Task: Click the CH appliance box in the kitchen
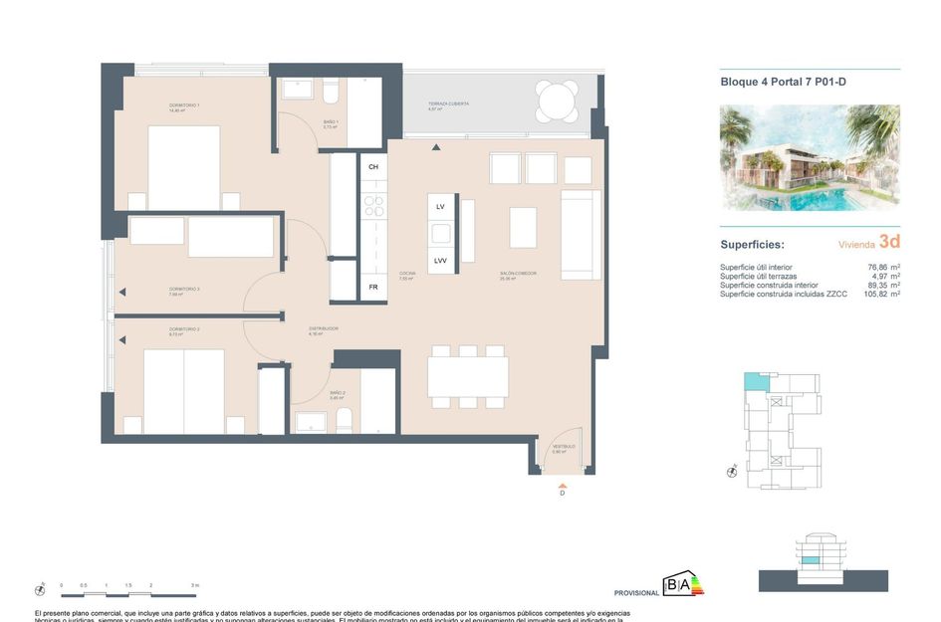tap(373, 166)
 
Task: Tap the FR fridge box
tap(373, 287)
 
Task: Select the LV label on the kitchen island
tap(440, 207)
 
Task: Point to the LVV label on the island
tap(440, 261)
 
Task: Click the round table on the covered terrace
tap(557, 102)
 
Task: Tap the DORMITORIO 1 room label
tap(184, 105)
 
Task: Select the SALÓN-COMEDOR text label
tap(519, 273)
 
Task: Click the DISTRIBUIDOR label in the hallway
tap(324, 328)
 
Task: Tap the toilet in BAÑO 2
tap(344, 420)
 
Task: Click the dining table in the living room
tap(468, 377)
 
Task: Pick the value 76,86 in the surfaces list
tap(877, 267)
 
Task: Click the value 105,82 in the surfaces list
tap(875, 295)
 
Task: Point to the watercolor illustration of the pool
tap(810, 158)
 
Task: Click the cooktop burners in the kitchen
tap(374, 206)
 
